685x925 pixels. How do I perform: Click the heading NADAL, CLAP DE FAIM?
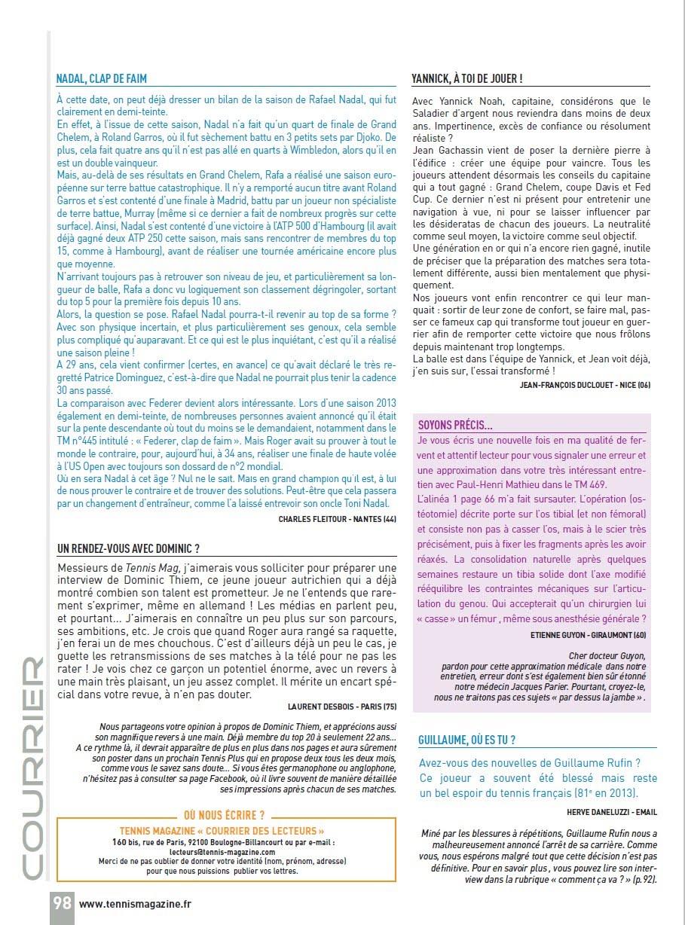click(x=102, y=78)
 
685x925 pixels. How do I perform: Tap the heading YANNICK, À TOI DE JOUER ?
click(x=467, y=78)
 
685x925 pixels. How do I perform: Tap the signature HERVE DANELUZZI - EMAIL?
click(x=612, y=812)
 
